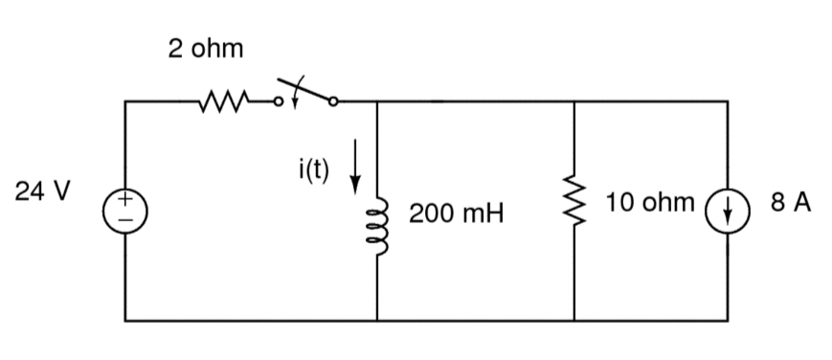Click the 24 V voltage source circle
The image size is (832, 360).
(x=125, y=209)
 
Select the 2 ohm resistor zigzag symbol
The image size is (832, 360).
(x=224, y=100)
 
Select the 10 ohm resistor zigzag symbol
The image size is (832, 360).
(x=574, y=209)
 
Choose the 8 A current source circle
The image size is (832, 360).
(x=726, y=209)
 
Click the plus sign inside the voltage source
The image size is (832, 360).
(x=125, y=199)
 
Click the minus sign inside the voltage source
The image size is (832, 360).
(x=125, y=218)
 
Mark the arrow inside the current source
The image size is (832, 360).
(x=726, y=209)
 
